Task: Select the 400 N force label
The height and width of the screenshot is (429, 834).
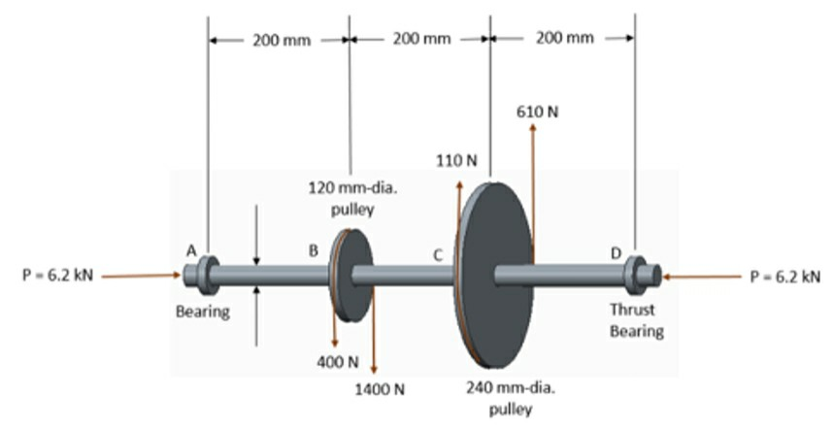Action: (x=338, y=361)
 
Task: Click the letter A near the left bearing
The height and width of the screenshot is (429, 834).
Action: (x=192, y=250)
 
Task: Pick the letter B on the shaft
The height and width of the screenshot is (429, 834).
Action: (x=313, y=250)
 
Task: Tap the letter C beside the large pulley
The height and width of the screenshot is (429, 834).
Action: (x=438, y=254)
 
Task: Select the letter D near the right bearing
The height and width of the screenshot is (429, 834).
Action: (x=616, y=252)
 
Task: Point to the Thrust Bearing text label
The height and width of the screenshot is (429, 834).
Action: (x=636, y=320)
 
